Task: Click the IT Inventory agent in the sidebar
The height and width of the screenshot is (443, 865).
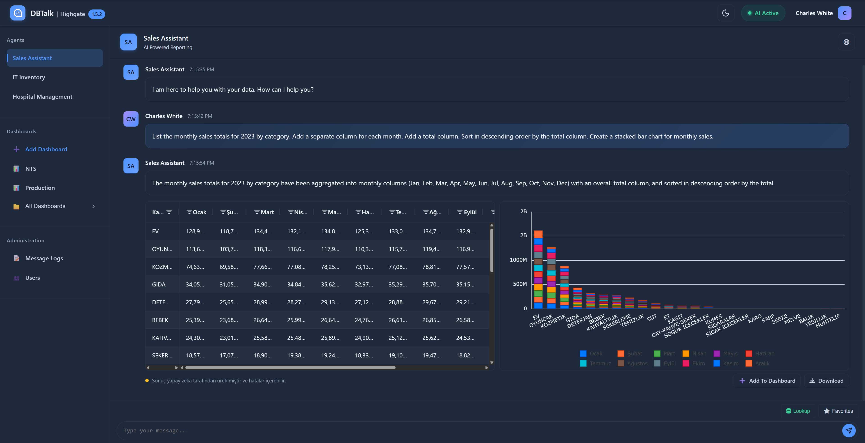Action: click(x=29, y=77)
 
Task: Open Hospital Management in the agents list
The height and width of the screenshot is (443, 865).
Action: click(x=42, y=97)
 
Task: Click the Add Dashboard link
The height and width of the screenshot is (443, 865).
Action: click(x=46, y=149)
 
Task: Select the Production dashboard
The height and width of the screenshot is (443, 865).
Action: click(x=40, y=188)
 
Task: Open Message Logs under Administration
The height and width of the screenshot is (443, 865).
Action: click(x=44, y=258)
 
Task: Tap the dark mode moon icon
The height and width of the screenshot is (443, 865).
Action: click(x=726, y=13)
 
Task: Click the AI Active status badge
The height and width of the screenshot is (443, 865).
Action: click(x=763, y=13)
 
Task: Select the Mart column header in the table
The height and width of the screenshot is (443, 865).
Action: click(x=267, y=212)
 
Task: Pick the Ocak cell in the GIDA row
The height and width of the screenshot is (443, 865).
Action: click(x=195, y=285)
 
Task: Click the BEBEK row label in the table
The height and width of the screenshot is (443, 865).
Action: click(x=160, y=320)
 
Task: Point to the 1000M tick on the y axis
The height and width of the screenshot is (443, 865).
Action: click(x=518, y=260)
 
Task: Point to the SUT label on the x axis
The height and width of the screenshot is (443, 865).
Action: click(x=652, y=318)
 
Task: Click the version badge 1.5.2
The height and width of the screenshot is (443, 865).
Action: click(x=97, y=14)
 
